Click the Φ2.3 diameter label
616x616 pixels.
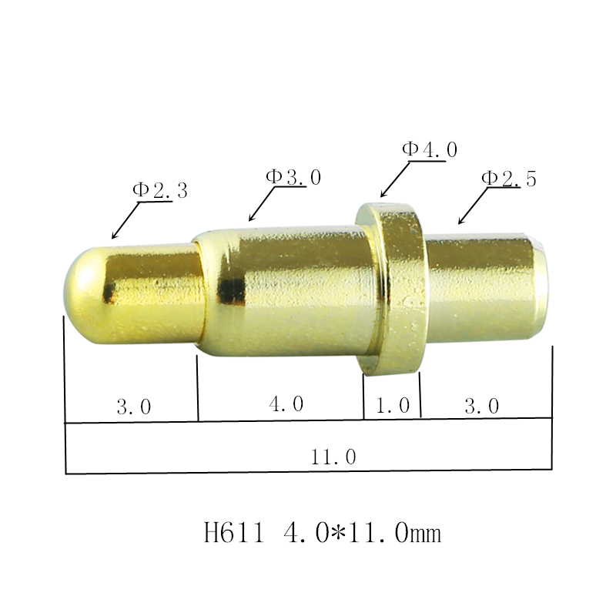click(160, 190)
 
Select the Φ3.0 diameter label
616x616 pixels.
click(293, 176)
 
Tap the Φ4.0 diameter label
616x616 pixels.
click(430, 149)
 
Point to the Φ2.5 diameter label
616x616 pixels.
click(508, 178)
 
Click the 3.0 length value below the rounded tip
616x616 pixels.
click(133, 407)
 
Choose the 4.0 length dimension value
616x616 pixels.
click(286, 403)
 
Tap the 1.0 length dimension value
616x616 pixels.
click(392, 406)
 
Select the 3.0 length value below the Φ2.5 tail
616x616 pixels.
click(482, 406)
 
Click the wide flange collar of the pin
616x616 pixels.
click(394, 289)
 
